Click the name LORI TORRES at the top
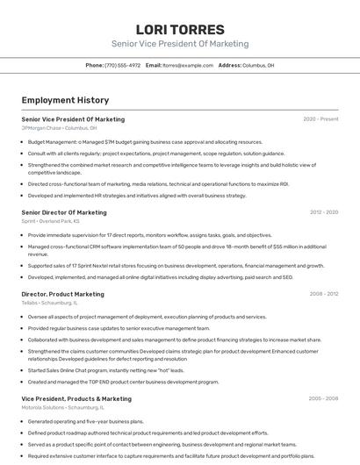click(180, 29)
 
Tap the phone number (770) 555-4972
click(122, 65)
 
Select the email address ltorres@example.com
click(188, 65)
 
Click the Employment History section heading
click(65, 100)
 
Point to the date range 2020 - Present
click(320, 118)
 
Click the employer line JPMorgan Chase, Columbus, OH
click(60, 127)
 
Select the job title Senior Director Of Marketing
click(64, 212)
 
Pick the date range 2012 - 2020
click(324, 212)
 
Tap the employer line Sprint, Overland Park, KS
click(59, 221)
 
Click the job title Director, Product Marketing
click(62, 294)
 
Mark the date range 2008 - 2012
click(324, 294)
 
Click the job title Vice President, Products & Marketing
click(76, 398)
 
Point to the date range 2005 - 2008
click(323, 398)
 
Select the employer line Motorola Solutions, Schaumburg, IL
click(62, 407)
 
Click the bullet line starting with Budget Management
click(145, 141)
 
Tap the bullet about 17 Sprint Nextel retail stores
click(176, 265)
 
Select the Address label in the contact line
click(229, 65)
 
